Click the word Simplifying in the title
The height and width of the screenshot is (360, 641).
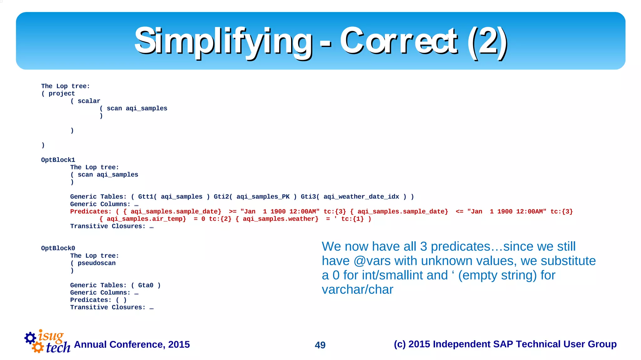[223, 41]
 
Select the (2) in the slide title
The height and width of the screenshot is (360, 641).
[487, 41]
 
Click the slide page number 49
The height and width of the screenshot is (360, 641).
[320, 345]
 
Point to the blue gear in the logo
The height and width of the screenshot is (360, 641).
[30, 338]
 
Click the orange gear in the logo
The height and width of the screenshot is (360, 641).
[38, 347]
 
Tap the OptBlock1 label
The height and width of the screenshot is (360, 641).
[58, 160]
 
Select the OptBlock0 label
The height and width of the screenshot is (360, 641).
[58, 248]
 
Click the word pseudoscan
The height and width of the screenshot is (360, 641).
[96, 263]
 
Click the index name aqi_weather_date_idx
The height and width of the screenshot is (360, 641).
[361, 197]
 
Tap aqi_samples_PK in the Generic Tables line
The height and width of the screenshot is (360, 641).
[263, 197]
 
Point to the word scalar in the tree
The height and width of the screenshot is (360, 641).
[89, 101]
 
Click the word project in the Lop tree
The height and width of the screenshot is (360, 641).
[62, 94]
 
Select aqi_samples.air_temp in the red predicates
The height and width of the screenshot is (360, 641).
[146, 219]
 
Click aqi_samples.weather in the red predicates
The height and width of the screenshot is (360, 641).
[280, 219]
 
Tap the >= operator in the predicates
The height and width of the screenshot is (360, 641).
[233, 212]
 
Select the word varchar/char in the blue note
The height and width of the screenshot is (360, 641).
[357, 290]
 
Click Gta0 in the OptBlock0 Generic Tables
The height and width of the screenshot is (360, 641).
[146, 285]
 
